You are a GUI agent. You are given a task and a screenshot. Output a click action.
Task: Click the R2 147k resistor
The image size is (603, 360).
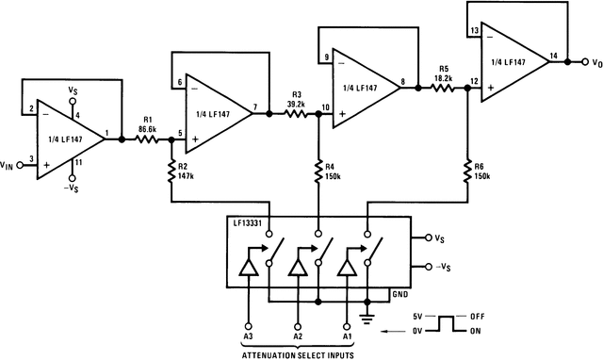tap(171, 170)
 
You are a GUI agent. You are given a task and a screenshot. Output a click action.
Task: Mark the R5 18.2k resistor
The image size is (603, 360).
tap(445, 89)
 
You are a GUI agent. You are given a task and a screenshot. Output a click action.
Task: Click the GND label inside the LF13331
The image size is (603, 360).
tap(399, 294)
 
